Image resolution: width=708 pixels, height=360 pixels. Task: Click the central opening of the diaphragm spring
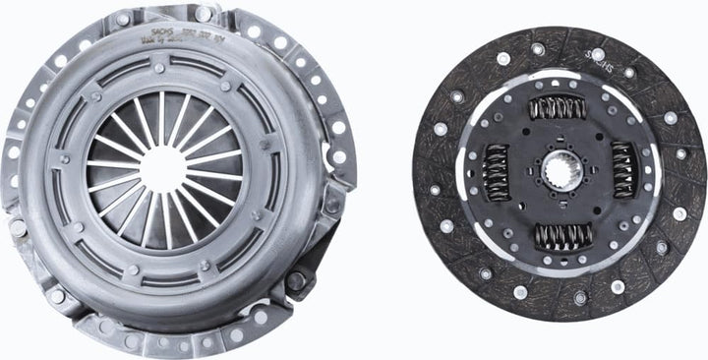click(x=163, y=167)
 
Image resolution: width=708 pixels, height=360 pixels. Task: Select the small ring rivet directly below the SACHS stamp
click(x=159, y=68)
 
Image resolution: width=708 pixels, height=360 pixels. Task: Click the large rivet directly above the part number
click(x=204, y=14)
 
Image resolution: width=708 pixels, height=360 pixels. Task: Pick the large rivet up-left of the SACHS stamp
click(x=121, y=19)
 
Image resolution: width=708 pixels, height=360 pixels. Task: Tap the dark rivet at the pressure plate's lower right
click(x=296, y=280)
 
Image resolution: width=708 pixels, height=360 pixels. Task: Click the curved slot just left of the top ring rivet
click(x=118, y=75)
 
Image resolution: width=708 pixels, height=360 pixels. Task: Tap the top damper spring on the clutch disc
click(x=557, y=107)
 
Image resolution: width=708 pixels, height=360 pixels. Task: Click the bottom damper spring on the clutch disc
click(x=561, y=236)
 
